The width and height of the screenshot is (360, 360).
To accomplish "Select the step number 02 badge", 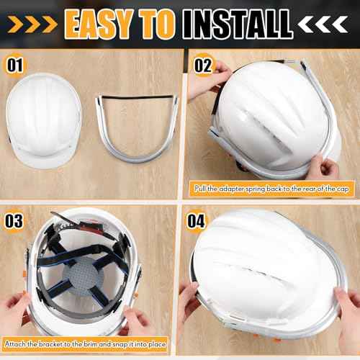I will [204, 66].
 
